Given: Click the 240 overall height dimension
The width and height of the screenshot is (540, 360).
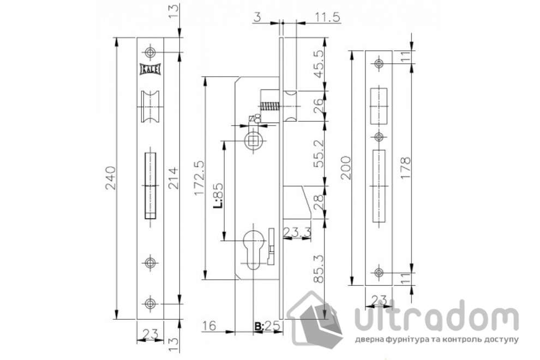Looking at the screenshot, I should pyautogui.click(x=109, y=178).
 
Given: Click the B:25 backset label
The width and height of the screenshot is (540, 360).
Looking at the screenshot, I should pyautogui.click(x=266, y=327).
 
